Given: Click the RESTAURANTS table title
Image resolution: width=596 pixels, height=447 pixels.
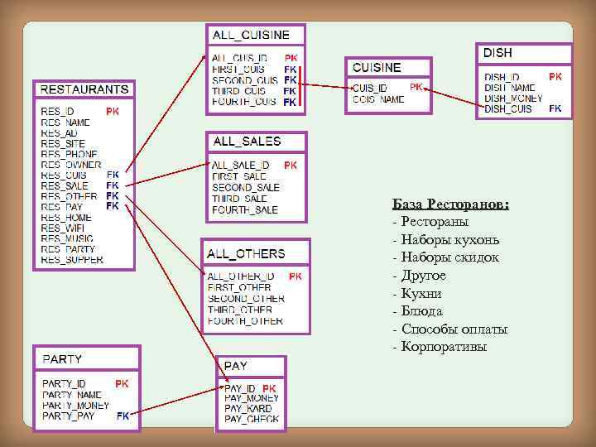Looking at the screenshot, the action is tap(84, 89).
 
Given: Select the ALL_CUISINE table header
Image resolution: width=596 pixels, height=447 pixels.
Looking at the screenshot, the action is tap(252, 35).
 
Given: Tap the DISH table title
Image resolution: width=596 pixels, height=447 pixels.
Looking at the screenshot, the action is tap(498, 53).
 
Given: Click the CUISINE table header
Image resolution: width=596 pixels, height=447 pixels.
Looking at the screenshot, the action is tap(377, 67).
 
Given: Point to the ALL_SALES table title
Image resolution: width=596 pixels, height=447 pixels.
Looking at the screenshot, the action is tap(247, 142).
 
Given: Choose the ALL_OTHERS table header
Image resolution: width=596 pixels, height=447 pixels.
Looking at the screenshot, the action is tap(246, 253).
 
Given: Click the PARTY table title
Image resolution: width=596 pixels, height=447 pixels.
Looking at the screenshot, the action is tap(62, 359).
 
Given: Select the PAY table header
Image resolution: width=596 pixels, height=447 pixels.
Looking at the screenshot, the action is tap(236, 365).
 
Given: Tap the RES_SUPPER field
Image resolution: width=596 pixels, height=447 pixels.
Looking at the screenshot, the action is tap(73, 259).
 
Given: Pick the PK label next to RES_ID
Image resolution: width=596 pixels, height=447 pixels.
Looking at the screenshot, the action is tap(113, 111).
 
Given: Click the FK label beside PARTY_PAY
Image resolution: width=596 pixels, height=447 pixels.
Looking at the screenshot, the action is tap(123, 416).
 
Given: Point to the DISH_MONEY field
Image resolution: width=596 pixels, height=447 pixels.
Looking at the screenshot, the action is tap(514, 98).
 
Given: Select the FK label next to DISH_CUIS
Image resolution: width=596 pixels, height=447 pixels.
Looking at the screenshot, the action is tap(555, 108).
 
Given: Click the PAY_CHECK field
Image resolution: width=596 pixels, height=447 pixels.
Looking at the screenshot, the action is tap(252, 419).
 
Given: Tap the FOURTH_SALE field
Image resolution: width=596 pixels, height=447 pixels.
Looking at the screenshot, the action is tap(245, 209).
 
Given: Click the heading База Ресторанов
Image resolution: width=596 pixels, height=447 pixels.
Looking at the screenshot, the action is tap(450, 204).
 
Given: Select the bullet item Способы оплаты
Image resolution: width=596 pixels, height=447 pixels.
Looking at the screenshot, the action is tap(454, 329).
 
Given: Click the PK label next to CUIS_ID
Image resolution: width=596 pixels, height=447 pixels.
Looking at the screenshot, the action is tap(417, 86).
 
